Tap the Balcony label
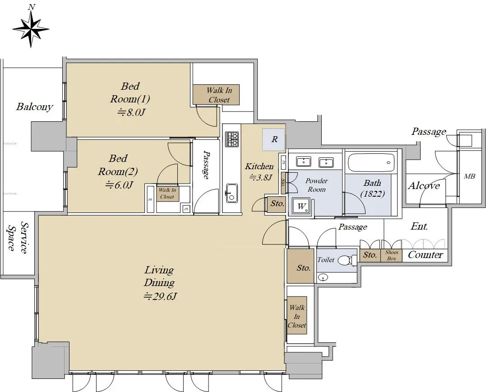(34, 106)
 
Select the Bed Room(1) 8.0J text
(130, 99)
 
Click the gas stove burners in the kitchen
(232, 139)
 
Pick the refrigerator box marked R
(274, 139)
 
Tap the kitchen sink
(231, 193)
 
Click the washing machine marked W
(301, 206)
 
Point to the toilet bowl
(345, 260)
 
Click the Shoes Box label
(392, 255)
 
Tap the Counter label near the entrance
(425, 255)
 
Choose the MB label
(469, 177)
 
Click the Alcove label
(424, 185)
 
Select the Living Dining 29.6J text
(160, 283)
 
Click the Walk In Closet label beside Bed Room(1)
(219, 95)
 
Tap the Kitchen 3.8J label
(259, 171)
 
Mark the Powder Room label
(316, 184)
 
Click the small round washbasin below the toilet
(324, 278)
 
